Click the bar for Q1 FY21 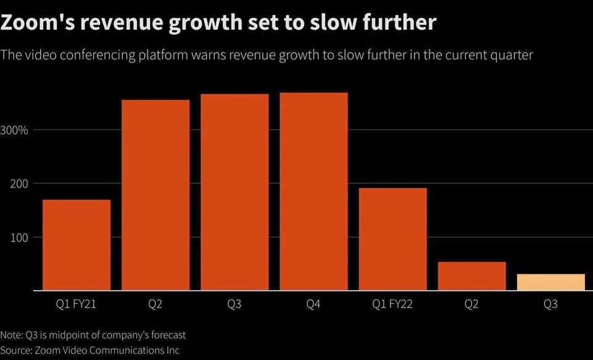tap(76, 245)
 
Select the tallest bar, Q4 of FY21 tap(313, 191)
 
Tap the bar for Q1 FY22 tap(392, 239)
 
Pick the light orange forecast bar tap(550, 282)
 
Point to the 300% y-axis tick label tap(14, 130)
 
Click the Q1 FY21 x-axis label tap(76, 304)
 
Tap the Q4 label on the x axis tap(313, 304)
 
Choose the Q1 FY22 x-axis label tap(392, 304)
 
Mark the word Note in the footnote tap(11, 335)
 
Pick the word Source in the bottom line tap(16, 350)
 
